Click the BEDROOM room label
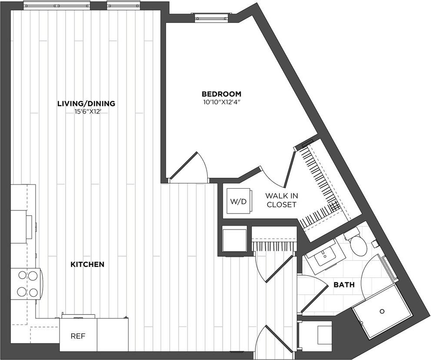point(221,94)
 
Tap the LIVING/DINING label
point(86,103)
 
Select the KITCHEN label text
point(87,265)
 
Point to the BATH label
point(344,285)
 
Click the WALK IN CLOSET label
point(282,200)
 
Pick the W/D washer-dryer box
point(239,201)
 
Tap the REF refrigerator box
point(78,335)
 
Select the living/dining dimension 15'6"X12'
point(86,112)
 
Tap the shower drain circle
point(382,311)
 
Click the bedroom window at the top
point(212,17)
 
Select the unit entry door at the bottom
point(274,339)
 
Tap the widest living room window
point(57,6)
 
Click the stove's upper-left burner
point(22,275)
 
